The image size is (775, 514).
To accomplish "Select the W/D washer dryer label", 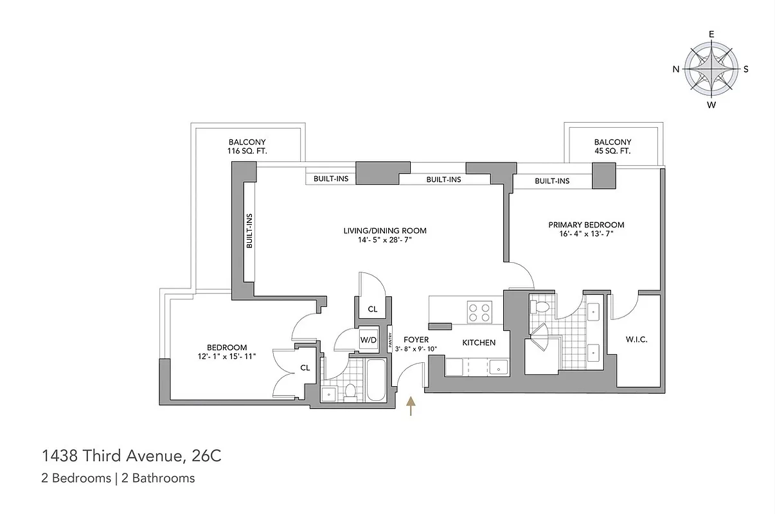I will point(368,340).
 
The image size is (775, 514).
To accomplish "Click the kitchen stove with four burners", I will point(477,312).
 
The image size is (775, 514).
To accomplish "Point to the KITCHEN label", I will point(479,342).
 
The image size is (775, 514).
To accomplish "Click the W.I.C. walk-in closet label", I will point(636,339).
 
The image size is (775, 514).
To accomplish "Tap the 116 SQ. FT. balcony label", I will point(247,151).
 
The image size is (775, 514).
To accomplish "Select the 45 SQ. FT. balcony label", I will point(612,151).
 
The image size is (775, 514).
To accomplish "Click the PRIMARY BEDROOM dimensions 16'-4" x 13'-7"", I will point(586,235).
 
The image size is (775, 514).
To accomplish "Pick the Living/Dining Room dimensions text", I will point(384,240).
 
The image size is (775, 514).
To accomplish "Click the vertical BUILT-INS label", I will point(249,232).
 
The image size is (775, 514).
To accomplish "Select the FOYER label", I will point(416,340).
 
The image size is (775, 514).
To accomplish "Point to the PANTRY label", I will point(390,340).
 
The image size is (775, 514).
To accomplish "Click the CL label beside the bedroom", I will point(305,368).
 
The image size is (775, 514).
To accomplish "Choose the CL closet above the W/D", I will point(372,309).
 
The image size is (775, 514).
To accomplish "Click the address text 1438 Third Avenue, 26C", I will point(132,456).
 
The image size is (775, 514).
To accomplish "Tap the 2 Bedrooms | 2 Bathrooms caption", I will point(118,478).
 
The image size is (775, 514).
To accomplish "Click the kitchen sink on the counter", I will point(498,367).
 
